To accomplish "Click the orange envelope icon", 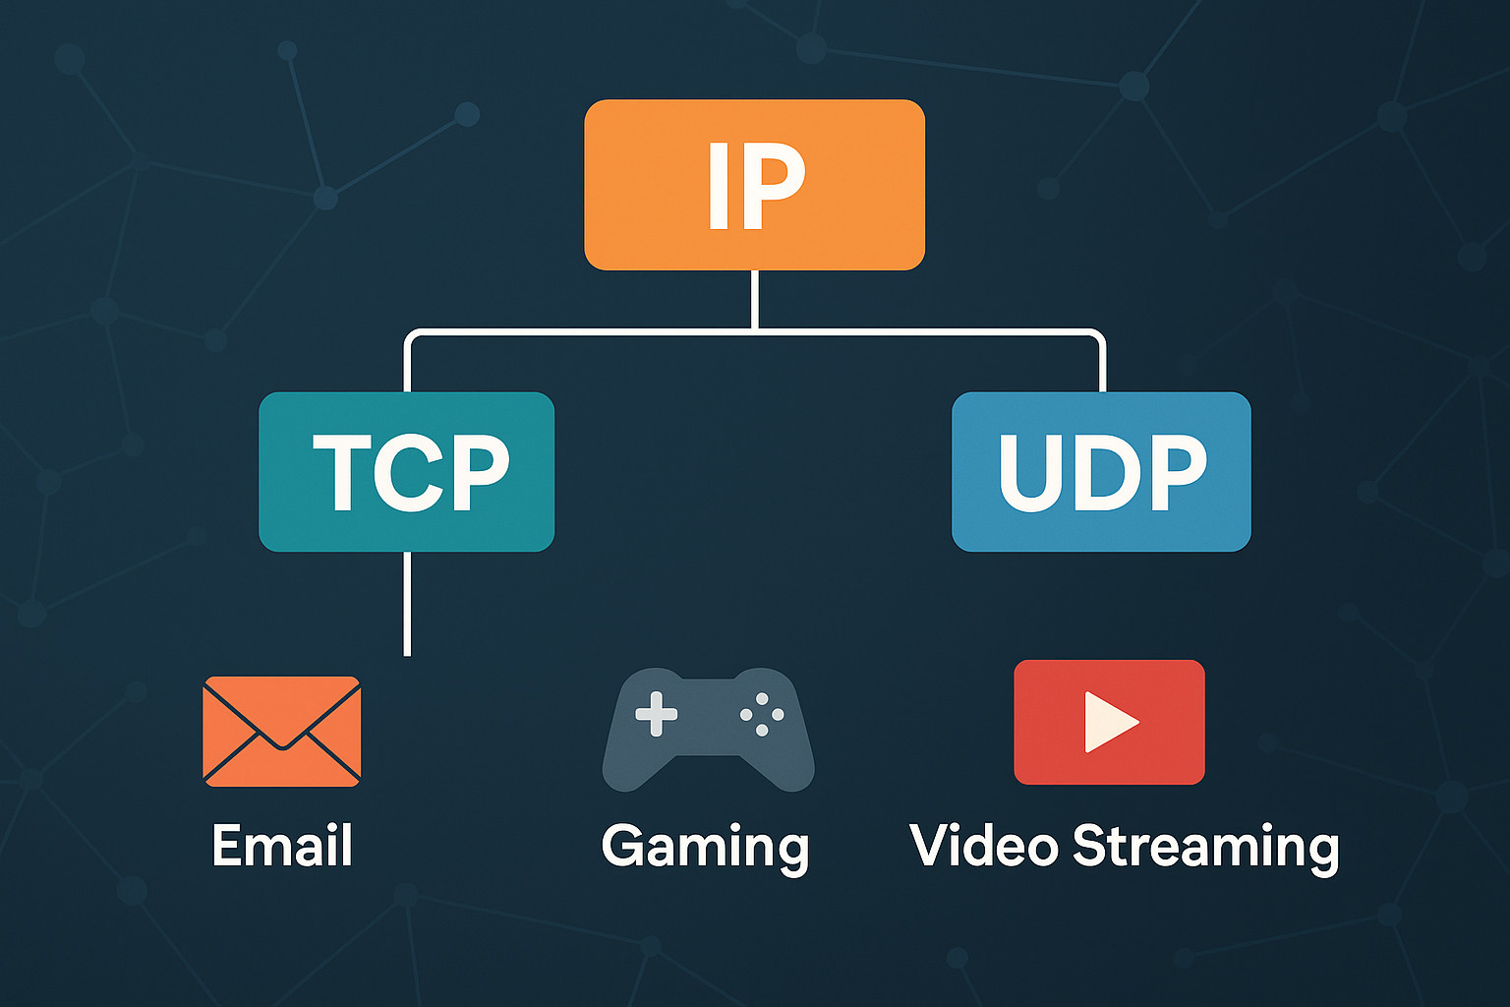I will (281, 731).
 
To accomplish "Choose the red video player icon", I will (1109, 722).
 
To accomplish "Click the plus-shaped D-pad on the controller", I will (656, 714).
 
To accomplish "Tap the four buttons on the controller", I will (762, 715).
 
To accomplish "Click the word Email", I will (282, 846).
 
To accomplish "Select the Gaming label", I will (705, 848).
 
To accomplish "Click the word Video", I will (984, 846).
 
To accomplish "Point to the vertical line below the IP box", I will (754, 299).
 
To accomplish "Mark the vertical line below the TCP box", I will (407, 602).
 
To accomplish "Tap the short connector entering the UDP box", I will (1102, 369).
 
